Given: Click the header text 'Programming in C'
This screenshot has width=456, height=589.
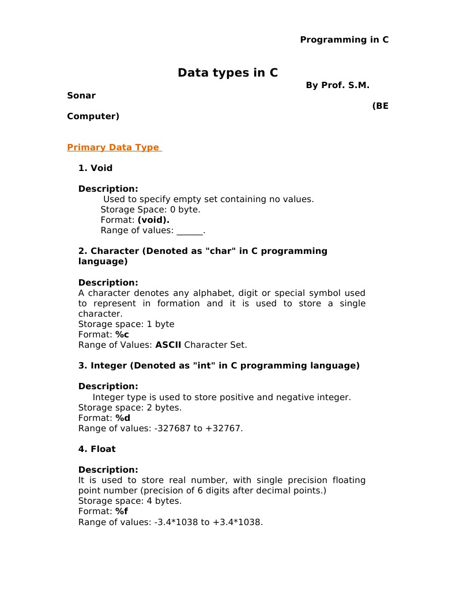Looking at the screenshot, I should click(x=344, y=40).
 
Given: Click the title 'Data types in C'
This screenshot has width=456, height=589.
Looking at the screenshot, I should click(x=227, y=73).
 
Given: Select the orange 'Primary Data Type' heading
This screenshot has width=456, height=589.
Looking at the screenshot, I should click(x=114, y=147).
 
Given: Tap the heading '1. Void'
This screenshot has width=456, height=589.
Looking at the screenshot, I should click(x=95, y=168).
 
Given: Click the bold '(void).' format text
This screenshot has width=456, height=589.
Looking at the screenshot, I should click(x=153, y=220).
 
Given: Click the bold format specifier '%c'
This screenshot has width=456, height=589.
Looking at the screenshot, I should click(x=122, y=335).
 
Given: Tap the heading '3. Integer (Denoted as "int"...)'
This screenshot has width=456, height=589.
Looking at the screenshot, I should click(x=218, y=366).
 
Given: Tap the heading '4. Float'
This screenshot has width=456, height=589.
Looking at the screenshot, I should click(x=97, y=449).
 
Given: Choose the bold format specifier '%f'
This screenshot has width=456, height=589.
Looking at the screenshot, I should click(x=122, y=511).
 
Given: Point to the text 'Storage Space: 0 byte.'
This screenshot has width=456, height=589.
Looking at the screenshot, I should click(x=150, y=210).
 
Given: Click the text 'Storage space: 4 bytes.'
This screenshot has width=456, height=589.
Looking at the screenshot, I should click(x=130, y=501).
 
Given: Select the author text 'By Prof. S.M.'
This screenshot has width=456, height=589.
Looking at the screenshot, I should click(x=337, y=85).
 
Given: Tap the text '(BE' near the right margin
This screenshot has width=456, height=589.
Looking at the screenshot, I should click(x=380, y=106).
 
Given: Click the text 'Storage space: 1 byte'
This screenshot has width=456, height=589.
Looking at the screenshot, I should click(x=126, y=324).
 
